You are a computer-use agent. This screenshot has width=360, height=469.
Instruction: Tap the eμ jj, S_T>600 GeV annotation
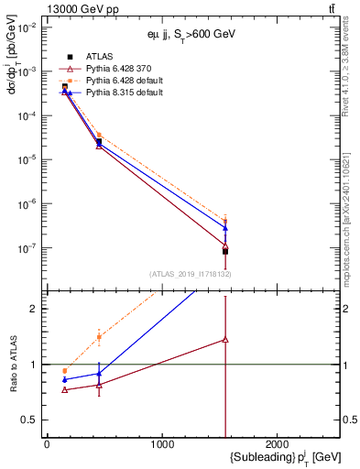pyautogui.click(x=187, y=34)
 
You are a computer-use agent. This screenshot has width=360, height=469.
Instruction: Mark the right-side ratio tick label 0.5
pyautogui.click(x=350, y=420)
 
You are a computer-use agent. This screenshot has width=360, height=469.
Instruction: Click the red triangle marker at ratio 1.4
pyautogui.click(x=225, y=339)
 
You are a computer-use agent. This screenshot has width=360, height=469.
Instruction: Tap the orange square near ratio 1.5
pyautogui.click(x=99, y=337)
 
